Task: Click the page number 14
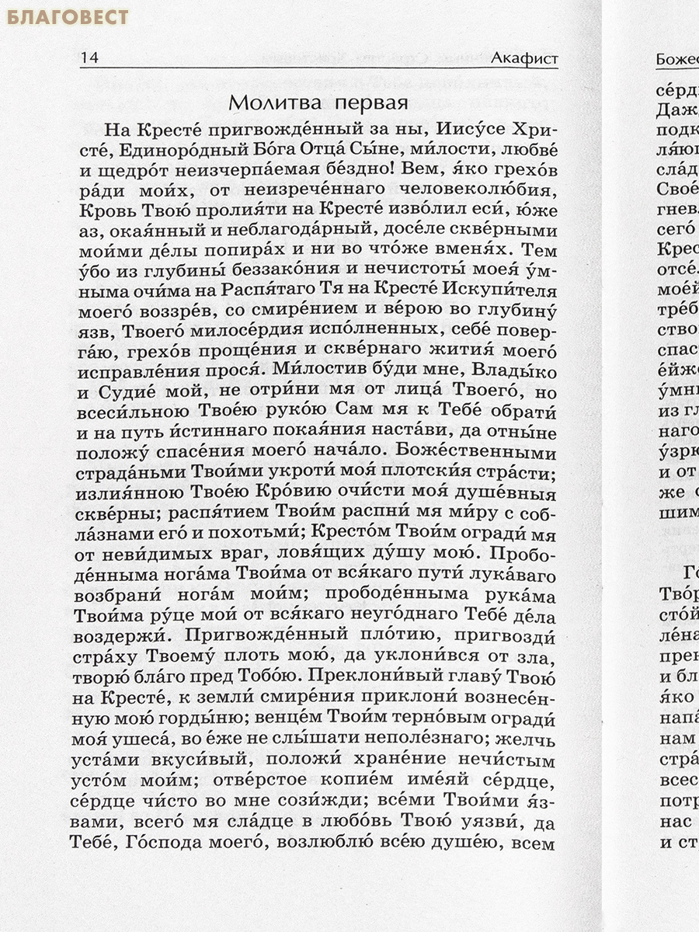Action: coord(89,58)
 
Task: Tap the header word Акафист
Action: coord(524,58)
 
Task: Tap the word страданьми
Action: coord(126,474)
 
